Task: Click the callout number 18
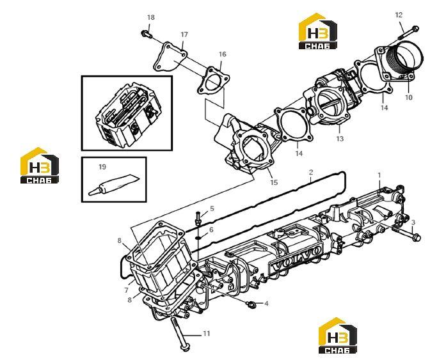[x=151, y=17]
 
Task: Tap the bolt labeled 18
[x=146, y=35]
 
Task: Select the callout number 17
[x=184, y=35]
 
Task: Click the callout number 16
[x=223, y=54]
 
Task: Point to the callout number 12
[x=399, y=15]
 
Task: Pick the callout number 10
[x=409, y=97]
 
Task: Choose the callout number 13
[x=340, y=139]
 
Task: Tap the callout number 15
[x=274, y=182]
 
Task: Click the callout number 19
[x=102, y=167]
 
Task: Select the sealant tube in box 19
[x=114, y=184]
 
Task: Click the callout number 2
[x=311, y=173]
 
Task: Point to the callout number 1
[x=379, y=175]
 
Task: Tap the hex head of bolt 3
[x=417, y=237]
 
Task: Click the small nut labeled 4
[x=250, y=304]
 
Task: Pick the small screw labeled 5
[x=198, y=218]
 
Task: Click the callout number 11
[x=207, y=333]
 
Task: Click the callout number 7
[x=126, y=290]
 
